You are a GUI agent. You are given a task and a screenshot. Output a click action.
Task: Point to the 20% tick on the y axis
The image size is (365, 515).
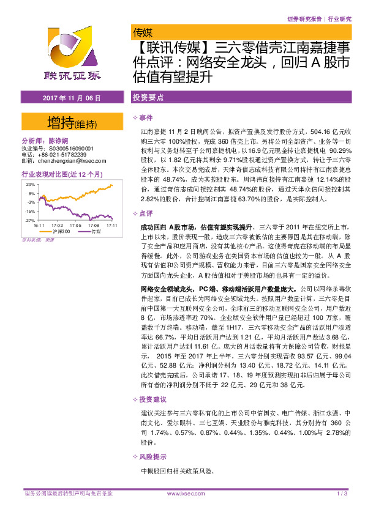(x=30, y=183)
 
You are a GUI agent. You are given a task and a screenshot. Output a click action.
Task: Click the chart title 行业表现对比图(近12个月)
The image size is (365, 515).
(x=61, y=174)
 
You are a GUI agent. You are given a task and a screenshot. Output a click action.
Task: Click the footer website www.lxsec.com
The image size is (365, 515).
(x=182, y=494)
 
